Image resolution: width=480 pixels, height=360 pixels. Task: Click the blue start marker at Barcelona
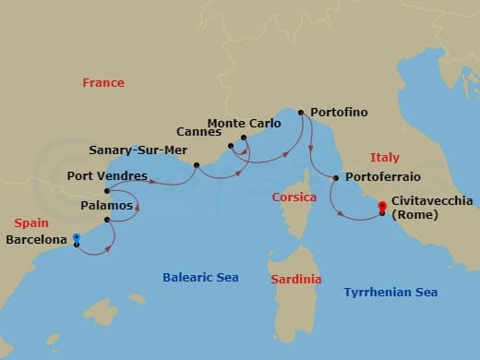(x=76, y=238)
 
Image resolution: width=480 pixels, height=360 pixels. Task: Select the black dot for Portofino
(x=301, y=113)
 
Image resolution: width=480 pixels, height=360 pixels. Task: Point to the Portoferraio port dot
(x=336, y=177)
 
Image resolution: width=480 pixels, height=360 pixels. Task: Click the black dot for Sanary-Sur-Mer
(x=197, y=165)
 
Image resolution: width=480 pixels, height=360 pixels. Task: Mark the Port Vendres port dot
(x=108, y=192)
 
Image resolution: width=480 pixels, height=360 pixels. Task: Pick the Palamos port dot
(x=108, y=220)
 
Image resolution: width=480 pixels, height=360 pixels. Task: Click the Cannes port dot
(x=231, y=145)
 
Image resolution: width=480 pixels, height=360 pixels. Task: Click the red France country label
(x=103, y=83)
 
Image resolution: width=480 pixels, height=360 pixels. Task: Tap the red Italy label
(x=384, y=158)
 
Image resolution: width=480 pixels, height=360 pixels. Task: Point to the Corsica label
(x=294, y=198)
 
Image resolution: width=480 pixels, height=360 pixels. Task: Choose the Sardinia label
(x=295, y=279)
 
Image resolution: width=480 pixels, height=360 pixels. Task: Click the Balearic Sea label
(x=200, y=277)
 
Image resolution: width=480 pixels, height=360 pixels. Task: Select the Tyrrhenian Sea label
(x=390, y=293)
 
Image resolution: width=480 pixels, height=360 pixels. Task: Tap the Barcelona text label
(x=37, y=240)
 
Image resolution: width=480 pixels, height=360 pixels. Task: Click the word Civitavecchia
(x=432, y=199)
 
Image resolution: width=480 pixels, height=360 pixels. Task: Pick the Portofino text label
(x=339, y=113)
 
